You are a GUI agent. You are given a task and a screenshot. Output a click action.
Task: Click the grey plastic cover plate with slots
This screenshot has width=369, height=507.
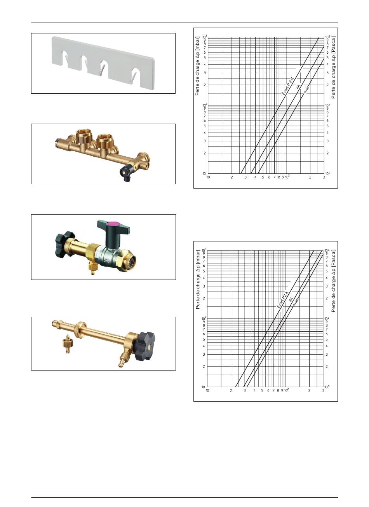[103, 62]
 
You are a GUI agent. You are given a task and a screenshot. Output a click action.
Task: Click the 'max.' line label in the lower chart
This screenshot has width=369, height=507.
[296, 301]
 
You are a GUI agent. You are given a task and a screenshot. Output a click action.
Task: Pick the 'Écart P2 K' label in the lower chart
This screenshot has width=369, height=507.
[282, 299]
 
